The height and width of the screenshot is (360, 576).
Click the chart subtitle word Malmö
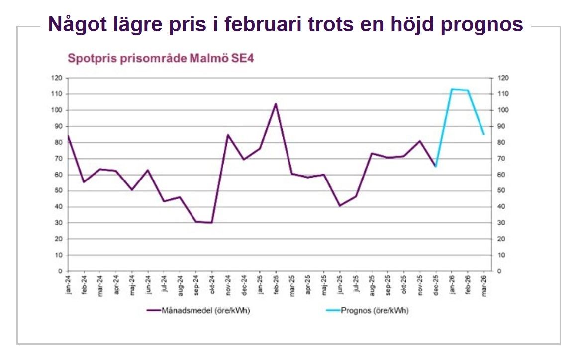click(x=209, y=58)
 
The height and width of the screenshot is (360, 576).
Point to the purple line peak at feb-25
click(x=276, y=104)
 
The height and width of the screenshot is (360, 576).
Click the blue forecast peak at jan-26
click(x=452, y=89)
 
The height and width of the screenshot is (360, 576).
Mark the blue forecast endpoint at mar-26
click(x=483, y=134)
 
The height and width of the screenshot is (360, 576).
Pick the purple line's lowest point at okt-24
click(x=212, y=223)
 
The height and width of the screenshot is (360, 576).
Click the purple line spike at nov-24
click(x=228, y=135)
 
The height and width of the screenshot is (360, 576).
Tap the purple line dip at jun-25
click(x=340, y=205)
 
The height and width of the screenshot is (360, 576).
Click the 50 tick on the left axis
click(x=59, y=191)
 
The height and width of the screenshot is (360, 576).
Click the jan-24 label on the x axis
click(x=68, y=286)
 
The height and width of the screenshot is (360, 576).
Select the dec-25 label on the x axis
click(x=436, y=286)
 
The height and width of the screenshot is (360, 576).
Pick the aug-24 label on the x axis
click(x=180, y=286)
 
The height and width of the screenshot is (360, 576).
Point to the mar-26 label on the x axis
click(x=483, y=286)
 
